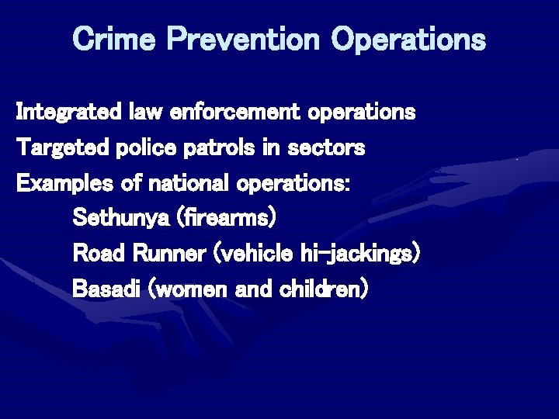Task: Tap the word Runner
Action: [170, 254]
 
